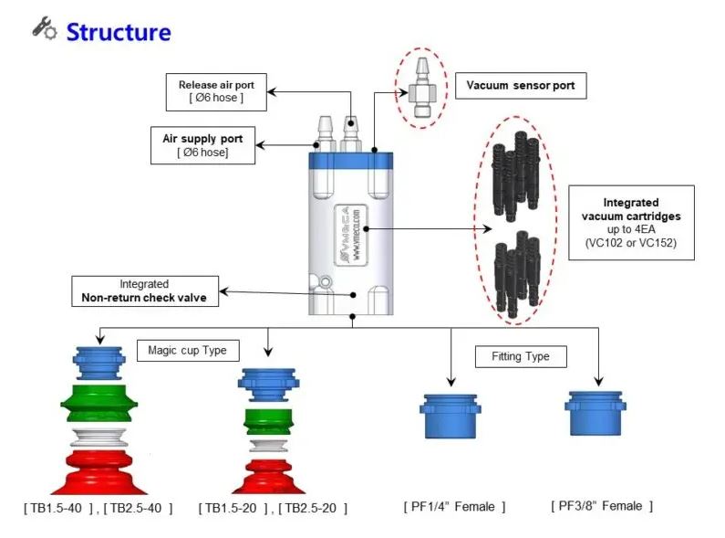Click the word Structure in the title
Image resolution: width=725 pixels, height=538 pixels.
(118, 32)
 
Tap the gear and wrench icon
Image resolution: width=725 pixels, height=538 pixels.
(44, 27)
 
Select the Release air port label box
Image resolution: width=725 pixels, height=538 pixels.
(216, 91)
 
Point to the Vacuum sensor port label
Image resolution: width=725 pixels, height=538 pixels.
(520, 86)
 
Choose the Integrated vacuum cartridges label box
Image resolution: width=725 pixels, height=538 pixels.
(631, 222)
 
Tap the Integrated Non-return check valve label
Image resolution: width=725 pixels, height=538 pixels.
(144, 290)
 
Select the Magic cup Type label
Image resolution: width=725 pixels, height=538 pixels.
(187, 350)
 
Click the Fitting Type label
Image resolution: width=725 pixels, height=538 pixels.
(520, 355)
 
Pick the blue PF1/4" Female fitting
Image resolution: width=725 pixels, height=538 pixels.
(450, 417)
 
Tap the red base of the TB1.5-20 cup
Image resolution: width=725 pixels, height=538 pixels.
(270, 473)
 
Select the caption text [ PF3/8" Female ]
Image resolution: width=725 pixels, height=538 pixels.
(602, 505)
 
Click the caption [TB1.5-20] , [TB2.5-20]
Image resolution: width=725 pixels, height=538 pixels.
(273, 508)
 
